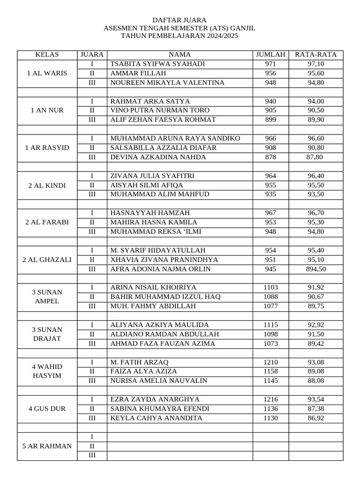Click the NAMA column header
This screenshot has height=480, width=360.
tap(180, 55)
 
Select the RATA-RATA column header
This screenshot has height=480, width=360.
tap(316, 55)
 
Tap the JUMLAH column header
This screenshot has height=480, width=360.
tap(270, 55)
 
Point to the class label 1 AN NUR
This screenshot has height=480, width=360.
tap(47, 111)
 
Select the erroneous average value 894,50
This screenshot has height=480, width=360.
tap(316, 269)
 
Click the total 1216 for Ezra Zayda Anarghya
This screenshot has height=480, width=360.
tap(270, 399)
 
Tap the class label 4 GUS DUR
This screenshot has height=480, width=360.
tap(47, 409)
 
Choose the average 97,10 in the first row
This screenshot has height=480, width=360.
tap(316, 64)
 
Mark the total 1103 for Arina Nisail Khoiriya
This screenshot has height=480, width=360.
tap(270, 287)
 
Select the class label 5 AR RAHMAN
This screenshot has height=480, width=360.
tap(47, 446)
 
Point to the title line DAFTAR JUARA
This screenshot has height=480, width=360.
tap(180, 20)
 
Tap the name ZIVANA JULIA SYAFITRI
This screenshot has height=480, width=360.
tap(152, 176)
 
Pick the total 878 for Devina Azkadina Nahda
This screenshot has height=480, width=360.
tap(270, 157)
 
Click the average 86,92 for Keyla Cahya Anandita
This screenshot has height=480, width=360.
tap(316, 418)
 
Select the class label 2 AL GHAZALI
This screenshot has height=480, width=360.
tap(47, 260)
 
